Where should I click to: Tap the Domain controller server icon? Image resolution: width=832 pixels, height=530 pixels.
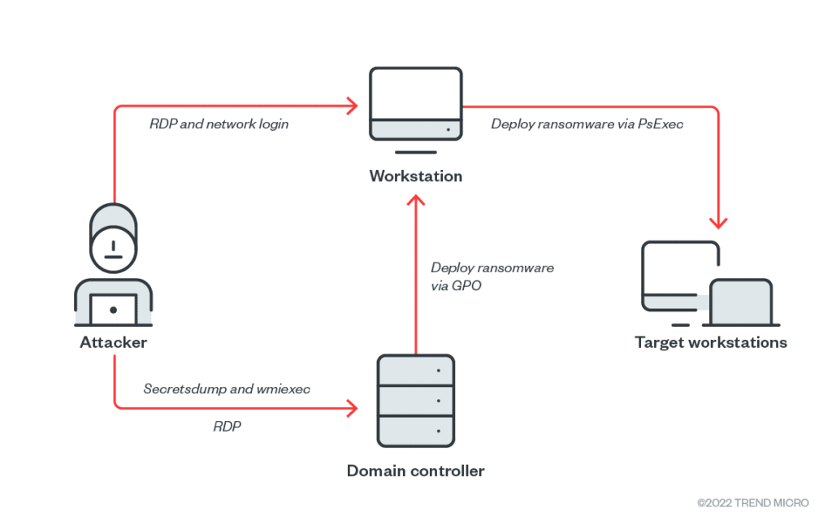415,399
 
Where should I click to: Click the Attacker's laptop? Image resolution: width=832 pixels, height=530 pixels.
113,307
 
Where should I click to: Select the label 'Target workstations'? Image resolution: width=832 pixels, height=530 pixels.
710,342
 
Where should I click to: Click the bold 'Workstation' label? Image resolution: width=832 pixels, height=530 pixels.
415,176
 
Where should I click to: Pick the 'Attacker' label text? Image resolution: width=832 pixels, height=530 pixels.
113,342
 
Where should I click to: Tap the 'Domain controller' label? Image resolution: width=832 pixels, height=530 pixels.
415,471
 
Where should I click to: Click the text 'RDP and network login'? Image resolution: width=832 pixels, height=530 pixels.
219,124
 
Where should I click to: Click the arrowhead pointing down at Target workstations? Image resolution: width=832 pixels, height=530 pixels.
718,222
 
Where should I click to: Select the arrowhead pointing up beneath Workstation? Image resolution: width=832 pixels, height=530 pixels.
415,202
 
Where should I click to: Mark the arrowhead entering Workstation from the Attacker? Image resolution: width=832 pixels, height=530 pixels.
353,106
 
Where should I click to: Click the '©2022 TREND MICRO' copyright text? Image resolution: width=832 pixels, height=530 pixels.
752,503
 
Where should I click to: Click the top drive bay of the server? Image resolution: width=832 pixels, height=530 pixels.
415,371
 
